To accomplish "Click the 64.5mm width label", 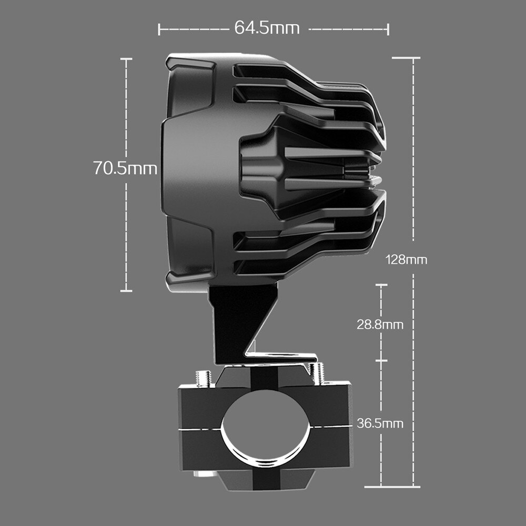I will pos(267,28).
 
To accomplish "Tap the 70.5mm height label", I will pos(125,169).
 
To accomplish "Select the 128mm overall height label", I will pos(406,259).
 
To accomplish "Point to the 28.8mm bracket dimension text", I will pos(380,325).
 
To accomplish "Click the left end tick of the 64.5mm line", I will pos(159,29).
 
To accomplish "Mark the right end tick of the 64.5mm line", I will pos(388,29).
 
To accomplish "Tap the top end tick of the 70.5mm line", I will pos(126,59).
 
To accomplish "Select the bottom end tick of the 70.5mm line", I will pos(126,290).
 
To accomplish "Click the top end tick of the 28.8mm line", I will pos(381,285).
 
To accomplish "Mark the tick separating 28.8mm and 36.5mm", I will pos(381,361).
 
